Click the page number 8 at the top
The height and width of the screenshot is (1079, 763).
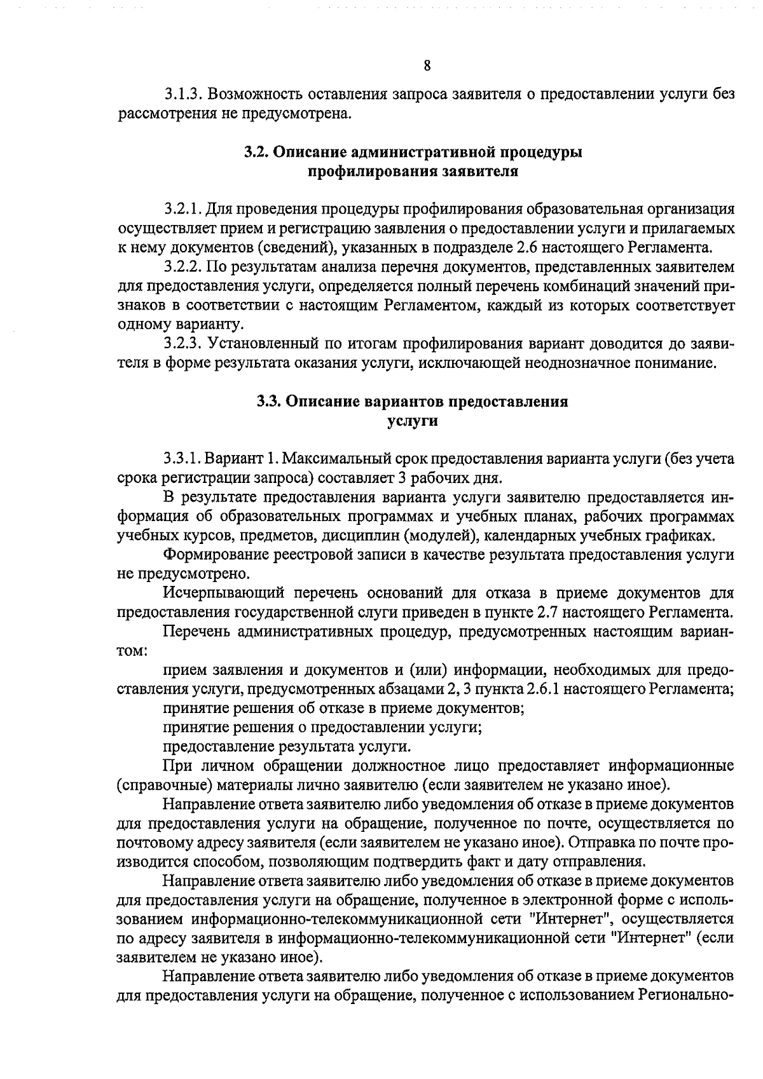(427, 65)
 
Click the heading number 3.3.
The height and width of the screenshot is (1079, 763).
(269, 402)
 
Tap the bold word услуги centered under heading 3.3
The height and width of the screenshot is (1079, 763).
(413, 421)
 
